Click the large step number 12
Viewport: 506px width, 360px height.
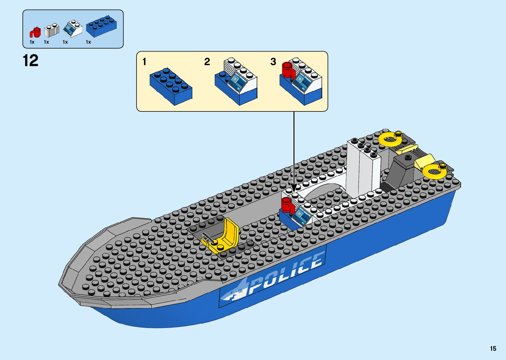[x=30, y=61]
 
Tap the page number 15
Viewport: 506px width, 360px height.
[x=493, y=348]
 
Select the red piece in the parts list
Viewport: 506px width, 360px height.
[x=35, y=32]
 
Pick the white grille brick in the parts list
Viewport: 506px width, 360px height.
[x=52, y=30]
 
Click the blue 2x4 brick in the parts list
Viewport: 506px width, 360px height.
[x=101, y=27]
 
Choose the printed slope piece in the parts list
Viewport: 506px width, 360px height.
[x=73, y=29]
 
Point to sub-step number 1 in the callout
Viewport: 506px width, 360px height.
[x=144, y=62]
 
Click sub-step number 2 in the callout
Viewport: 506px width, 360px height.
[x=207, y=62]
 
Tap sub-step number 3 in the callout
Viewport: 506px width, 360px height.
[x=273, y=62]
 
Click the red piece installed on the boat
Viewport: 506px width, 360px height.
[x=288, y=205]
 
